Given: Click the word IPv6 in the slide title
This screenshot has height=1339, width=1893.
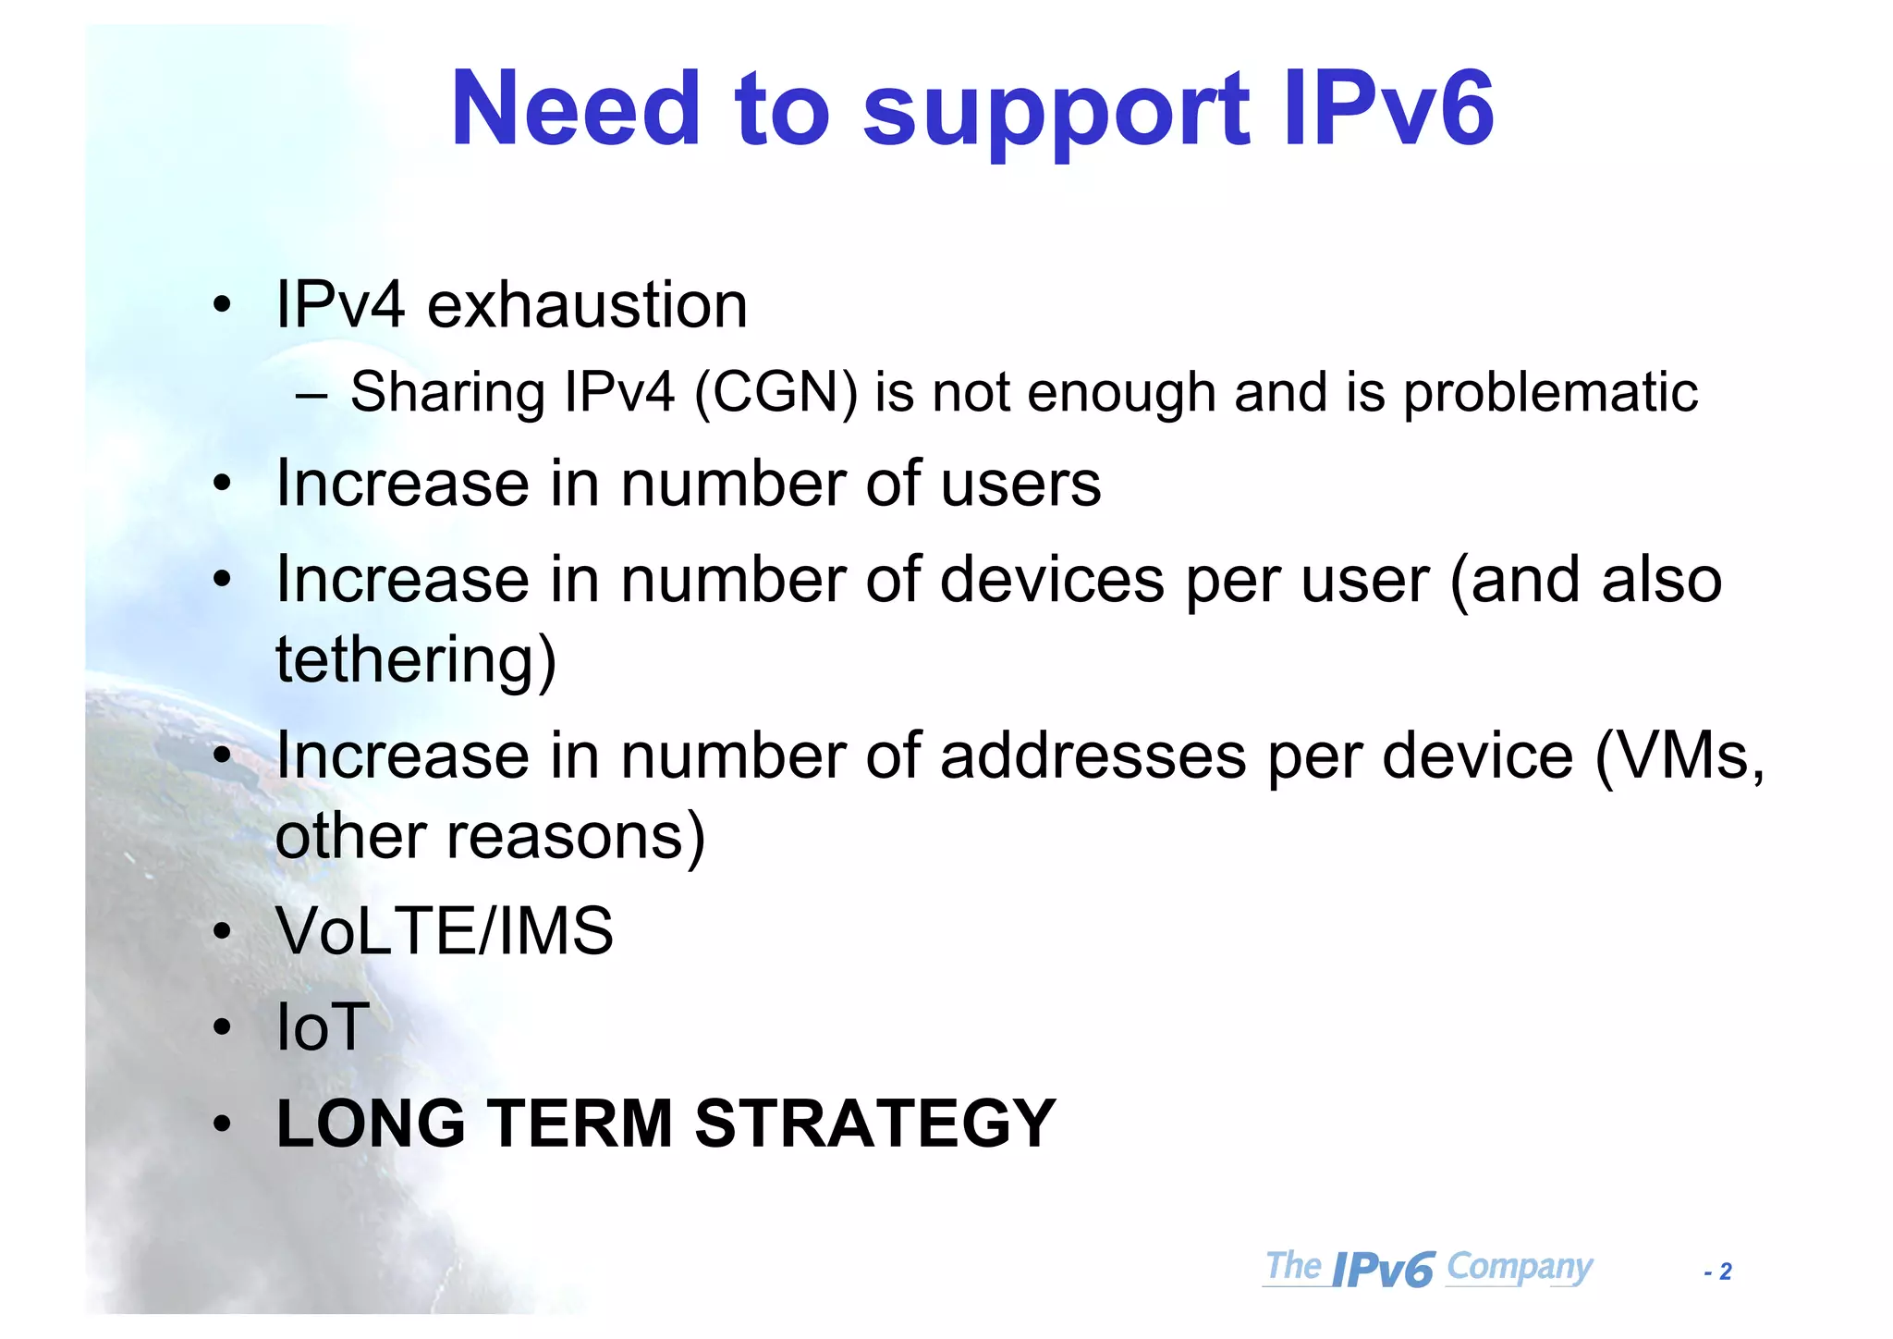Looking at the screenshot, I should [x=1387, y=109].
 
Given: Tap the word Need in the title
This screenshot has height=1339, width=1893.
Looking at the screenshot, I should [x=575, y=109].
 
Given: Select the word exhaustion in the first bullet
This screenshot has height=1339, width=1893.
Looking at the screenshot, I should [x=587, y=305].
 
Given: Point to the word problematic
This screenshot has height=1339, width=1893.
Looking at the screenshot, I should [x=1550, y=392].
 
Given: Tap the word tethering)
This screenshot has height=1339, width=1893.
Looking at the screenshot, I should [x=416, y=659].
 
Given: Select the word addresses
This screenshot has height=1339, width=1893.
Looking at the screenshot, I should [x=1093, y=756].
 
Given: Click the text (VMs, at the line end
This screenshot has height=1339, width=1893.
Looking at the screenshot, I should [x=1679, y=756].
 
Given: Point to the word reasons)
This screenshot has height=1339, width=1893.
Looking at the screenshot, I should [x=575, y=837].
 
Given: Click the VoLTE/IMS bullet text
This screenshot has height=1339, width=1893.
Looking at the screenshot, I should [x=445, y=931].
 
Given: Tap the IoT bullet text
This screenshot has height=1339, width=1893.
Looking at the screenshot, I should [x=323, y=1027].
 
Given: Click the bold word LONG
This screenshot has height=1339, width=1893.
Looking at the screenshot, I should [x=371, y=1124].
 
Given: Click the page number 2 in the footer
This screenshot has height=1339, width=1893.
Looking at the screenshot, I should [x=1725, y=1272].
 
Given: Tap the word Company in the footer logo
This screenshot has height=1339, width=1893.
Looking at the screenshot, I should [x=1519, y=1267].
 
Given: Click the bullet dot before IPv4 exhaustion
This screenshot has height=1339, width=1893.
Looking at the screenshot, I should [x=221, y=305].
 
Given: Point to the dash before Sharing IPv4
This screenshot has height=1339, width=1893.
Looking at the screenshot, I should [x=311, y=395].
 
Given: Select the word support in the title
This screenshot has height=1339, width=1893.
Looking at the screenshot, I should [x=1056, y=109].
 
